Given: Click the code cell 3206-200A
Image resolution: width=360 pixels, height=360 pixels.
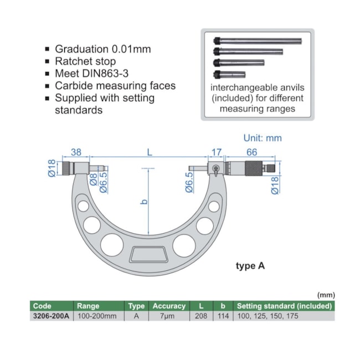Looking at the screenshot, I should [x=51, y=316].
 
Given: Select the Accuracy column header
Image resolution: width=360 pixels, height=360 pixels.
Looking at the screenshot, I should [x=169, y=306].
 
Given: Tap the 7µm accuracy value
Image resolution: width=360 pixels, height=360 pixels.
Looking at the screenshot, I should [x=169, y=316].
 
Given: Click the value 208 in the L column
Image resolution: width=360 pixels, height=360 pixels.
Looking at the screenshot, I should [x=200, y=316].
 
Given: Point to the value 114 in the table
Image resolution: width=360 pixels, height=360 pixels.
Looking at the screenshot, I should [x=223, y=316].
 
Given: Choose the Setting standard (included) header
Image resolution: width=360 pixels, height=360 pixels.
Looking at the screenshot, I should [x=284, y=306].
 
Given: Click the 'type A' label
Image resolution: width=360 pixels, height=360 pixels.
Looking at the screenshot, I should [x=250, y=266].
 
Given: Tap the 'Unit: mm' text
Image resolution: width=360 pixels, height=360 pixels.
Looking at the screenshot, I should [x=263, y=138].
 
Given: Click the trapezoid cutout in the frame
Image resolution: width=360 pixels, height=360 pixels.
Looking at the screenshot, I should [x=150, y=254].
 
